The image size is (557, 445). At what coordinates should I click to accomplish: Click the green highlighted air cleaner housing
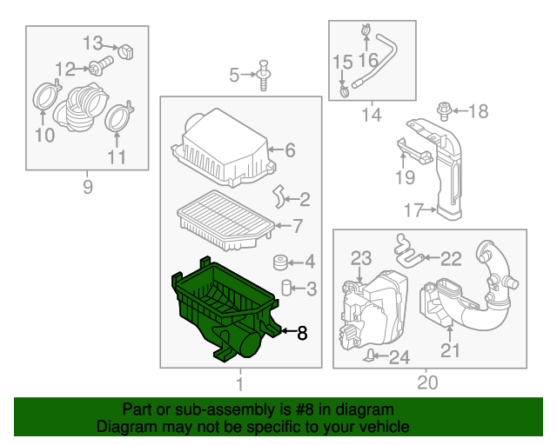point(222,309)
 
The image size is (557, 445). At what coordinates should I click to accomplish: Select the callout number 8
point(302,332)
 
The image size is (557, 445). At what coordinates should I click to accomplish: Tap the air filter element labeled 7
point(225,216)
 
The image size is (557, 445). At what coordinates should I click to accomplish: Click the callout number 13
point(93,43)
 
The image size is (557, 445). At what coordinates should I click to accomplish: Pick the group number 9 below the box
point(86,187)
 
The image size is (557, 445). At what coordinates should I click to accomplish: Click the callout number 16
point(368,60)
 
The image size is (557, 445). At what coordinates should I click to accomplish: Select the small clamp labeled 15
point(345,88)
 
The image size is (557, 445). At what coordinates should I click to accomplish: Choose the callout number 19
point(404,178)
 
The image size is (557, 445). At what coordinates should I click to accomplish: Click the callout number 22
point(450,257)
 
